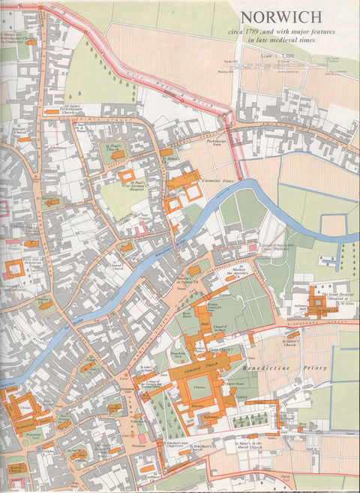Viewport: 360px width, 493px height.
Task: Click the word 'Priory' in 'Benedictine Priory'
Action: pos(313,350)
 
